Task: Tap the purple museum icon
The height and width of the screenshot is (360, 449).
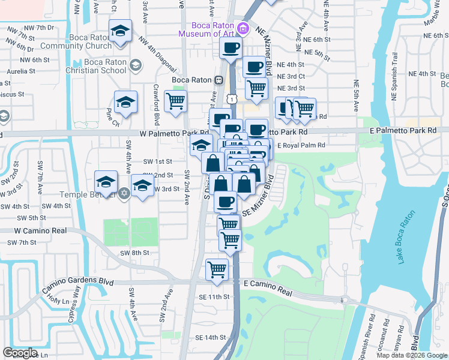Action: (x=243, y=28)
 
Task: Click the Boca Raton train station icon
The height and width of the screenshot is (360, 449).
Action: (x=220, y=80)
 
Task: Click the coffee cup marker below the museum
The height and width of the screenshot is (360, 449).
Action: (x=231, y=49)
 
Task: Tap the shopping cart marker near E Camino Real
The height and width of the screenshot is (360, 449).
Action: (x=217, y=269)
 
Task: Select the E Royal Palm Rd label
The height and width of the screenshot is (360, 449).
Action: (x=301, y=145)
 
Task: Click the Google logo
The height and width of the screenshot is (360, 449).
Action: (x=20, y=353)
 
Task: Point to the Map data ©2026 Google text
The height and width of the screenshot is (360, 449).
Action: (x=412, y=355)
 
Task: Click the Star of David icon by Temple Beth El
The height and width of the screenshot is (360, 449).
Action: (x=124, y=193)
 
